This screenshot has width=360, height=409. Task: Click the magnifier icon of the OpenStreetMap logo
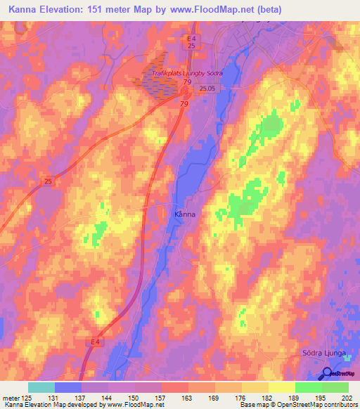(x=328, y=373)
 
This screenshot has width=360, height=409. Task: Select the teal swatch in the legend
(x=41, y=387)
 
